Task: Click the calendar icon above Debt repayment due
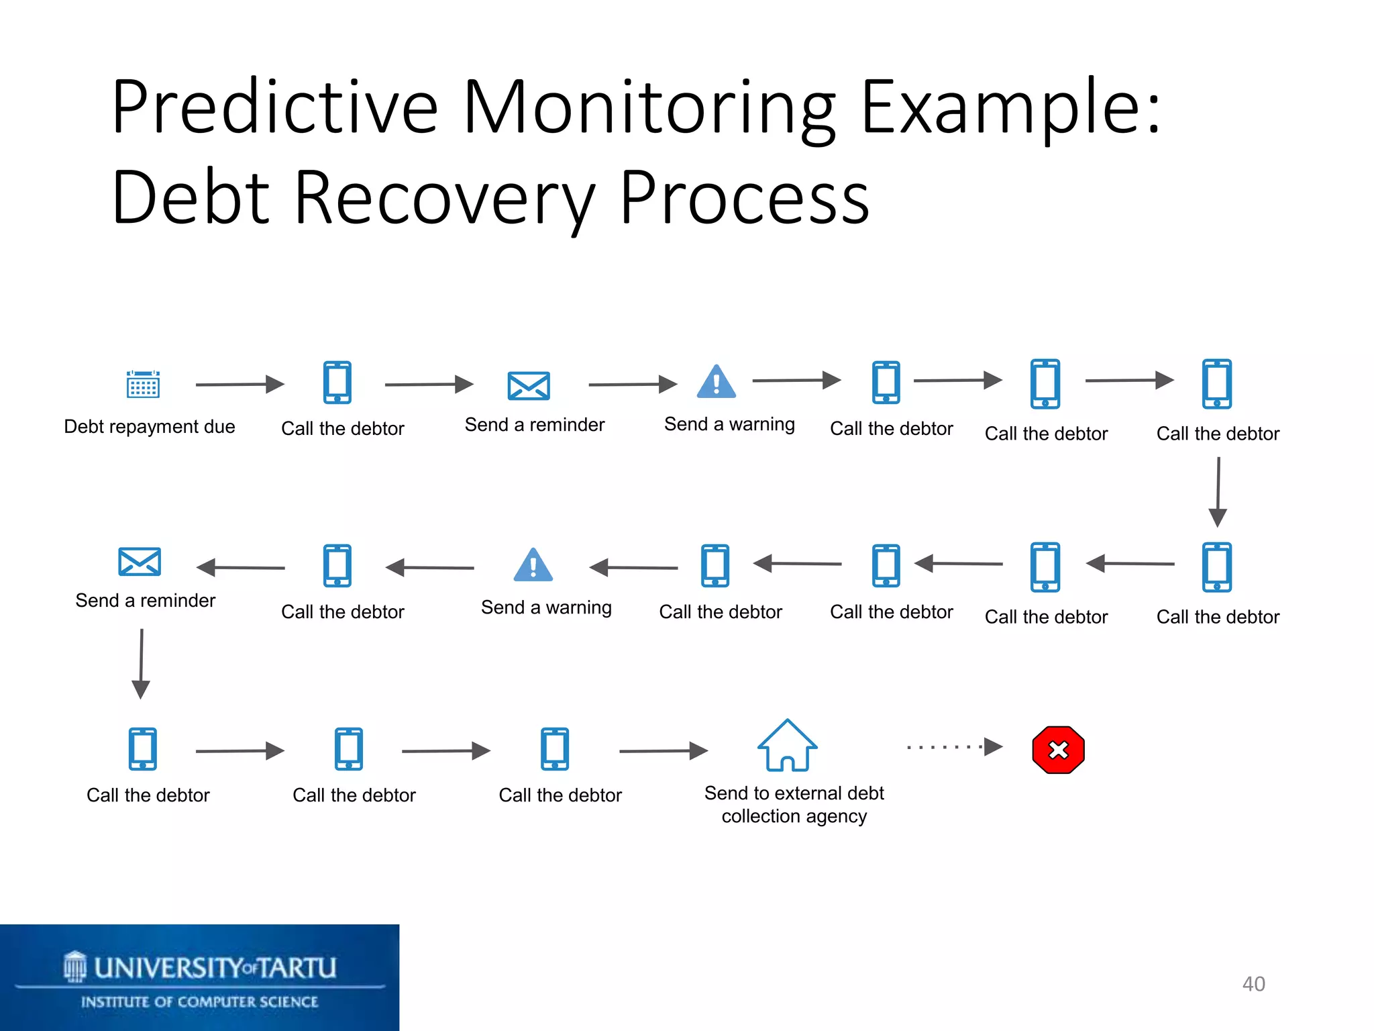pyautogui.click(x=143, y=384)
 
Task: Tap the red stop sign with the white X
pyautogui.click(x=1058, y=750)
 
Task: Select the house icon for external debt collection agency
pyautogui.click(x=787, y=746)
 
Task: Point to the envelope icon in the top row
pyautogui.click(x=529, y=386)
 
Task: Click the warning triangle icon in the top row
pyautogui.click(x=717, y=383)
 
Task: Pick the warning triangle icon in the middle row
pyautogui.click(x=533, y=566)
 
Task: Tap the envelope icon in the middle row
pyautogui.click(x=140, y=562)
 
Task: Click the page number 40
pyautogui.click(x=1253, y=984)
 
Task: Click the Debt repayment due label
pyautogui.click(x=149, y=427)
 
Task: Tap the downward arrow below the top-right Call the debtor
pyautogui.click(x=1218, y=492)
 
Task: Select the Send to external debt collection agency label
pyautogui.click(x=794, y=804)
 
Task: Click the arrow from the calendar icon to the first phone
pyautogui.click(x=240, y=385)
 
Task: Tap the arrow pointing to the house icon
pyautogui.click(x=663, y=750)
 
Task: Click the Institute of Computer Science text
pyautogui.click(x=199, y=1002)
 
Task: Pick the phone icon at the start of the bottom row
pyautogui.click(x=143, y=749)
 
